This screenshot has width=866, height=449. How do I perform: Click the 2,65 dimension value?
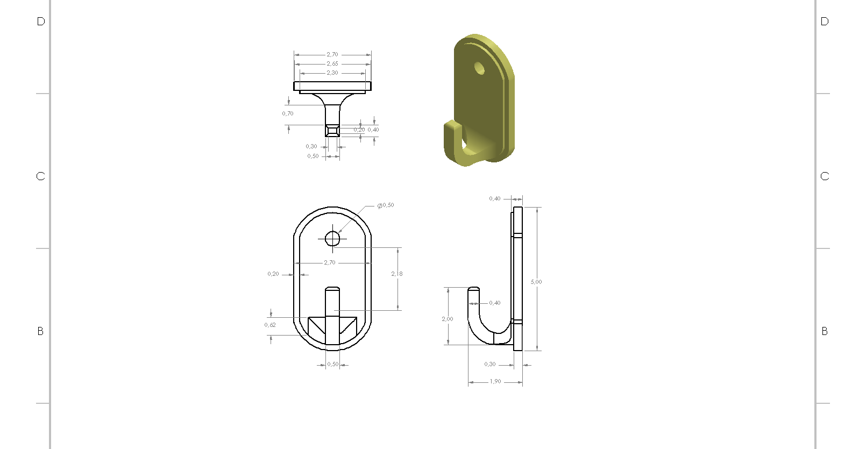pos(332,64)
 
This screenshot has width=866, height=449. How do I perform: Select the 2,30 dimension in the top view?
pos(332,73)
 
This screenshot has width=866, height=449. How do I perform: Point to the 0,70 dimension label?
pos(288,113)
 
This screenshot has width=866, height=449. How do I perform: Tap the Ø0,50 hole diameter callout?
pos(386,205)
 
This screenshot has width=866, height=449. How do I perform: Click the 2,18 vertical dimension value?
pos(396,274)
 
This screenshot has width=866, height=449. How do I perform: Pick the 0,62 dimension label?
pos(270,325)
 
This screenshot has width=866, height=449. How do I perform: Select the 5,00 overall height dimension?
pos(536,282)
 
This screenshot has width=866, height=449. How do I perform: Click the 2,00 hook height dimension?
pos(448,319)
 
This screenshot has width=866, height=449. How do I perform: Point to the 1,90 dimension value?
pos(495,382)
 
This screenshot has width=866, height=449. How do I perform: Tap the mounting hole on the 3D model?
pos(479,68)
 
